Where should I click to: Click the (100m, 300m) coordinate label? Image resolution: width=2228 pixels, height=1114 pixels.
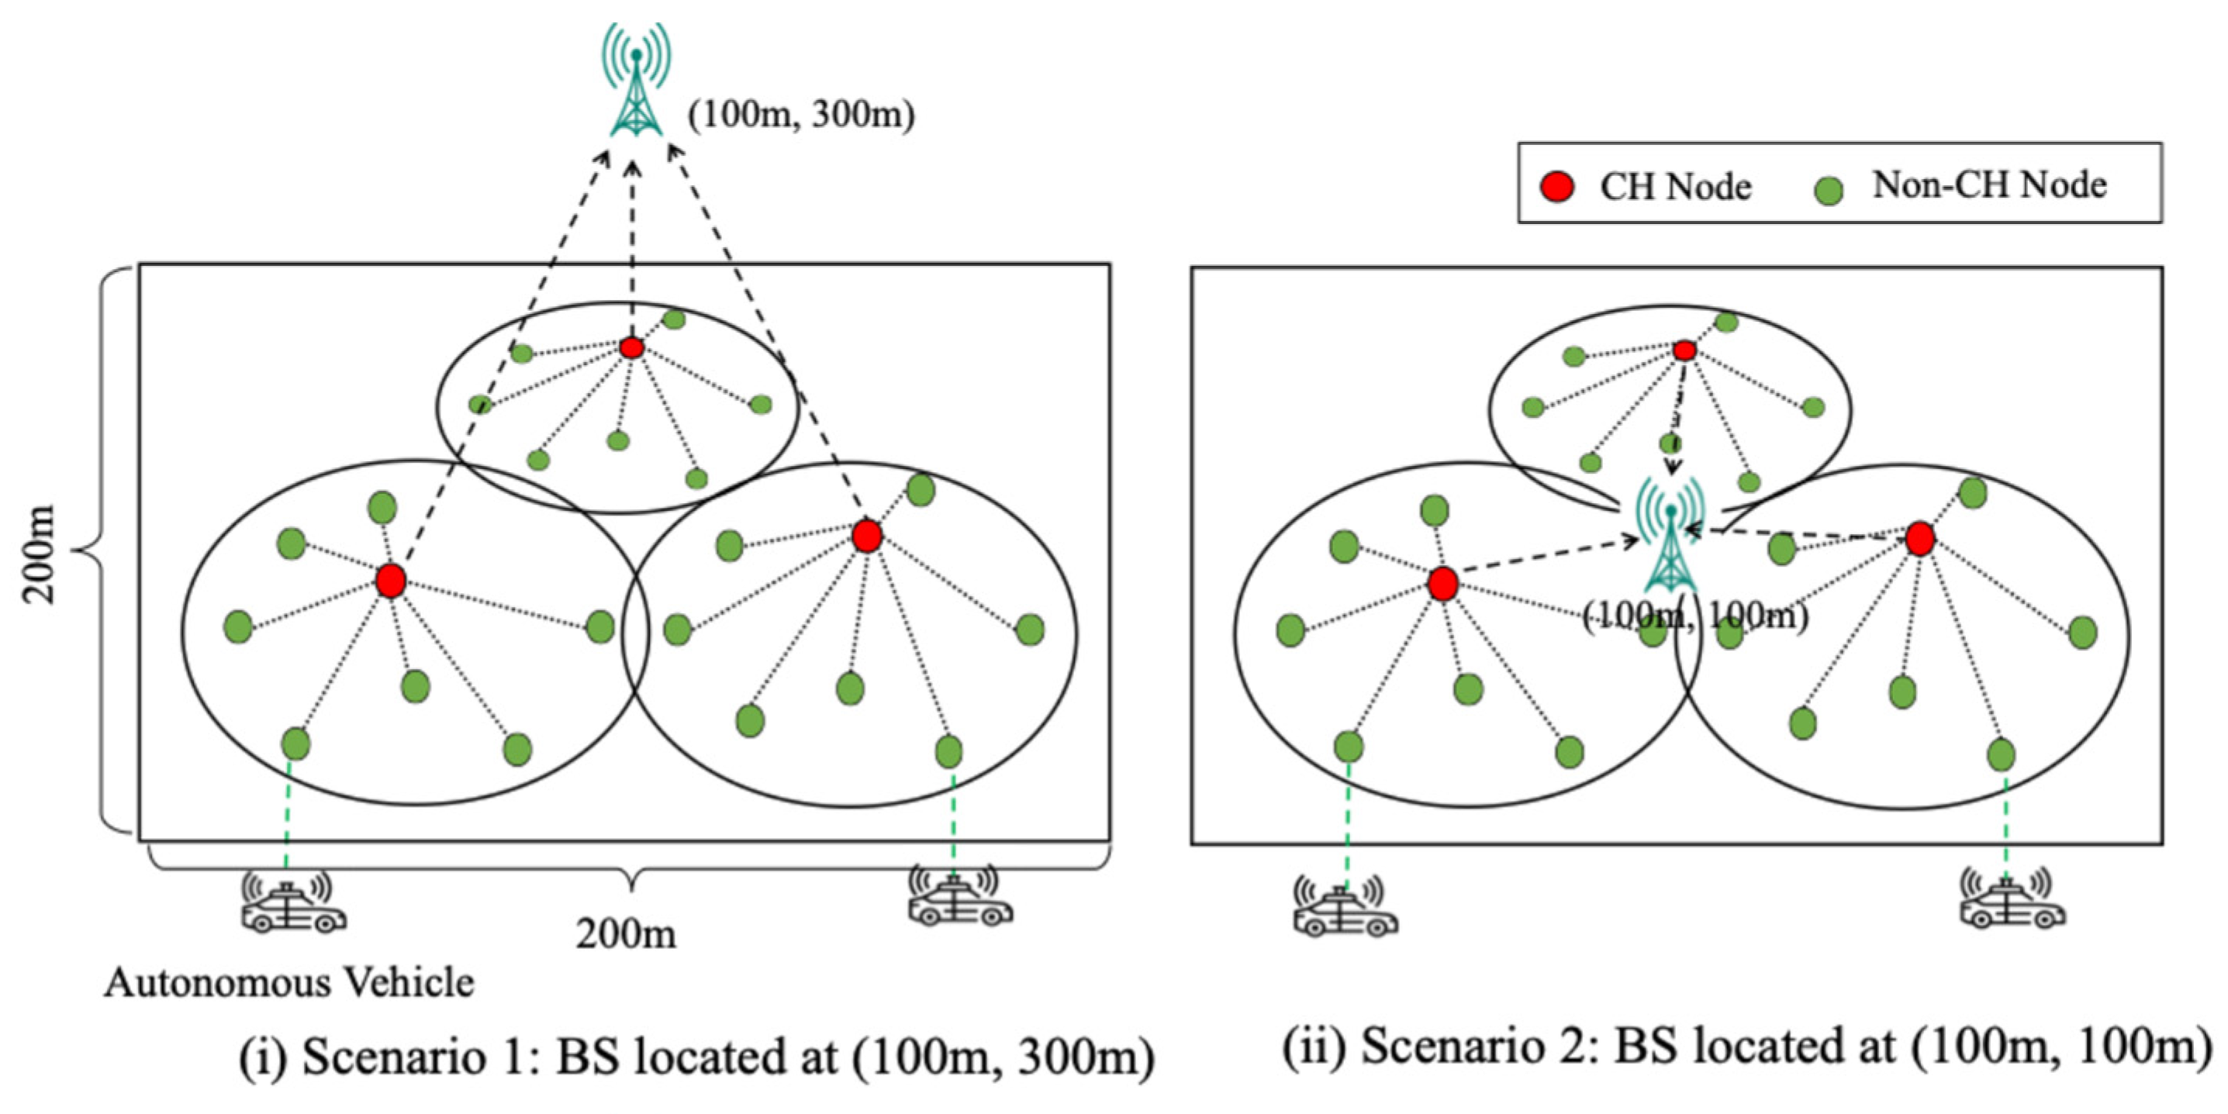point(801,114)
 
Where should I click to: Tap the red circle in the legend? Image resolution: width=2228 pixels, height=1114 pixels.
point(1559,187)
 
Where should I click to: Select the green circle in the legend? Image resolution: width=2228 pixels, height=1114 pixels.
point(1829,190)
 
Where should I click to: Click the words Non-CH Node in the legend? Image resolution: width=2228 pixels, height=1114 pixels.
point(1989,185)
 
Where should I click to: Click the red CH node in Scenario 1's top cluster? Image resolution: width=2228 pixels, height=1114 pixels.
point(632,348)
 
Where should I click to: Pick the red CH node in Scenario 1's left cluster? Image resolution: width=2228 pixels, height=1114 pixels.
point(391,581)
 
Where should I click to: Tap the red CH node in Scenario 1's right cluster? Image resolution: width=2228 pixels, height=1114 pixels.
point(867,536)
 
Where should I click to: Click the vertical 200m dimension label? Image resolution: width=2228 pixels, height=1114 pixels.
point(39,554)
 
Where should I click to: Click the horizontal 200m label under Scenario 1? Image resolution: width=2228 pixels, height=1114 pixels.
point(626,934)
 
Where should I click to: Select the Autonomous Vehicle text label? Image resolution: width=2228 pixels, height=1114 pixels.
point(289,982)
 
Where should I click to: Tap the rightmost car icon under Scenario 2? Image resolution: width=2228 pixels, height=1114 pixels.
point(2012,905)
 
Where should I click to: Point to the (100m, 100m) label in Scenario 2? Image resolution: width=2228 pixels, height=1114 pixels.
point(1695,616)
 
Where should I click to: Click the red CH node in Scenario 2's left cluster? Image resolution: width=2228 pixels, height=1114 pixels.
point(1442,584)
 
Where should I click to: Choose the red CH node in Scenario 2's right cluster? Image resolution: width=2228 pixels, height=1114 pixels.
point(1920,539)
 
